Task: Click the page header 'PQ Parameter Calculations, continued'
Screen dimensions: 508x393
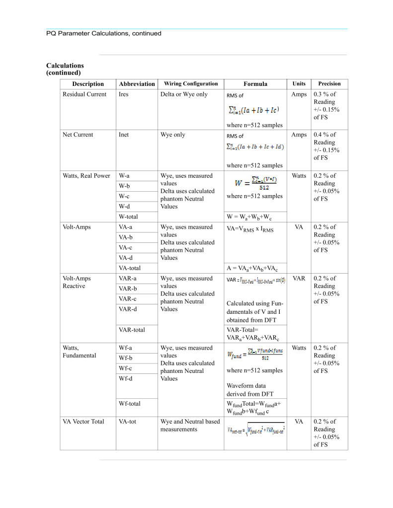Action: tap(104, 34)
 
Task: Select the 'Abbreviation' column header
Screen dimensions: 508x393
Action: tap(137, 84)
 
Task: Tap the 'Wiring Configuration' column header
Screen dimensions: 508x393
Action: tap(191, 84)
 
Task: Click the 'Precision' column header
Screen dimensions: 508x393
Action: tap(329, 84)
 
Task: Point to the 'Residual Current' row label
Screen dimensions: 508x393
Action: tap(84, 94)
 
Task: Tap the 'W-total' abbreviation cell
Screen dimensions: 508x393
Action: tap(129, 217)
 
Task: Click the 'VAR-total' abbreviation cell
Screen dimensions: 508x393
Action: tap(132, 329)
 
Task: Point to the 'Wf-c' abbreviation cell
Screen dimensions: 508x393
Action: tap(125, 368)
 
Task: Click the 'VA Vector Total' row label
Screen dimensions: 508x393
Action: tap(83, 422)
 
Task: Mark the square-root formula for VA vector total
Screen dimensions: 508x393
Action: tap(256, 429)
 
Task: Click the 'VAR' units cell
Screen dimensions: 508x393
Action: tap(299, 279)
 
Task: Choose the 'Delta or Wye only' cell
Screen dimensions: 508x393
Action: tap(183, 94)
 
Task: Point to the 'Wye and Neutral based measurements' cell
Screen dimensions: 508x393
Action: tap(190, 425)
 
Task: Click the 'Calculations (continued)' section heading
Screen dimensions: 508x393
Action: tap(65, 69)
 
